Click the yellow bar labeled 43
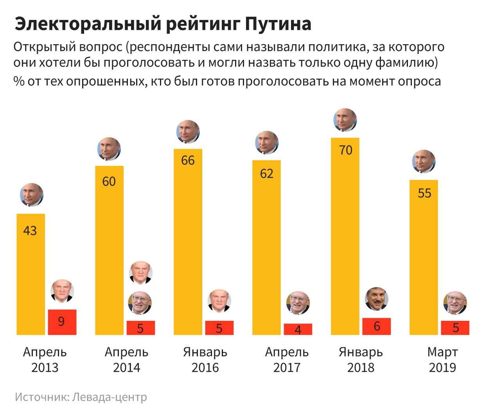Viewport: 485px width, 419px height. (x=31, y=274)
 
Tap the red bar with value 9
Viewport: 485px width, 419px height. (x=62, y=322)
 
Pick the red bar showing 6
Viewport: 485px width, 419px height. (x=377, y=326)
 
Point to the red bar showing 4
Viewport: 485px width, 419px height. (x=298, y=329)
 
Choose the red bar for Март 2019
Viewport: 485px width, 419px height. (x=455, y=328)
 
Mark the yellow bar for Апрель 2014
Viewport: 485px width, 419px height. (x=109, y=250)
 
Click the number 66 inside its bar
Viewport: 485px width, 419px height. (x=188, y=160)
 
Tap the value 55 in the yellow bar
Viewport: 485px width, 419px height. (x=424, y=193)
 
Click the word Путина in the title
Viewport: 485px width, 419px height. (x=278, y=24)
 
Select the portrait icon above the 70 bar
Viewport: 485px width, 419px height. (x=345, y=120)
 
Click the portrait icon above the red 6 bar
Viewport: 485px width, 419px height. (x=376, y=299)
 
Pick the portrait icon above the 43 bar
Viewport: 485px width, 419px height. (x=32, y=194)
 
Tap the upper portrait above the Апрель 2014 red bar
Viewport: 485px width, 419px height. (x=140, y=272)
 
